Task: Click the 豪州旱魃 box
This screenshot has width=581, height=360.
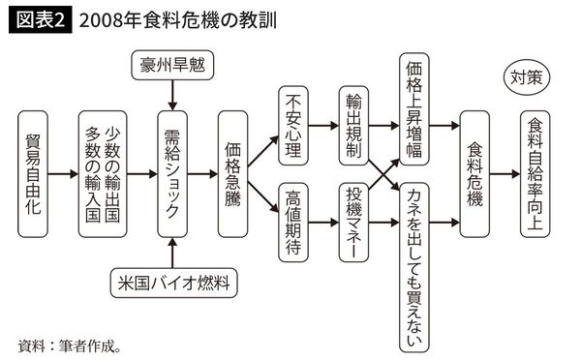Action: [170, 68]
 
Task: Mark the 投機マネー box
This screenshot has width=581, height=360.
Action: [353, 224]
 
